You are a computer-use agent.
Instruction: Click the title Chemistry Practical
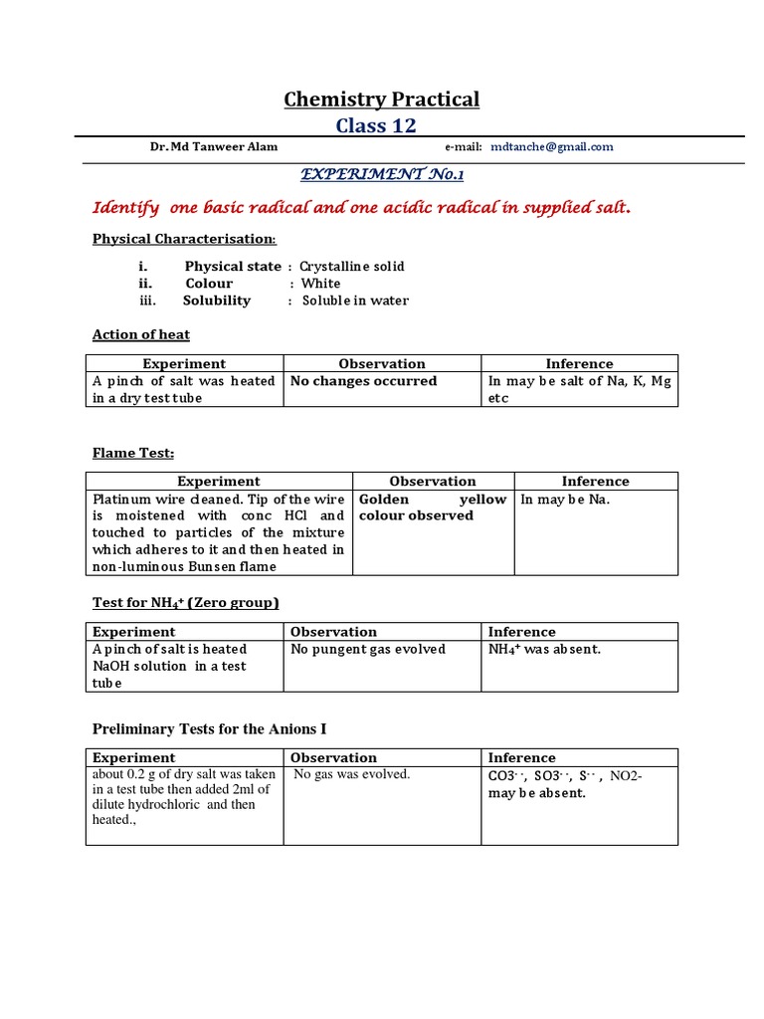(382, 99)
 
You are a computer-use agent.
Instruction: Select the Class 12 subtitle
(376, 124)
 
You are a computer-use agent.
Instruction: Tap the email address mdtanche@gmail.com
(552, 146)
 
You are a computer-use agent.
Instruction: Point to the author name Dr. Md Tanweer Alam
(214, 146)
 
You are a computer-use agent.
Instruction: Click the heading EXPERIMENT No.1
(383, 174)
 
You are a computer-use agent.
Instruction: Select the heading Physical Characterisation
(184, 239)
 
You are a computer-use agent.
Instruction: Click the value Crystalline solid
(352, 267)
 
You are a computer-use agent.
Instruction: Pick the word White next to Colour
(320, 284)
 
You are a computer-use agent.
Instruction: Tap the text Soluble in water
(355, 301)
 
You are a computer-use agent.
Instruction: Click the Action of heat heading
(141, 334)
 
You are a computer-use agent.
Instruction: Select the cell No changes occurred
(363, 381)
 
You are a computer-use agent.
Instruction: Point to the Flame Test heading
(133, 453)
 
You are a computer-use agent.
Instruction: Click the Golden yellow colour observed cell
(432, 508)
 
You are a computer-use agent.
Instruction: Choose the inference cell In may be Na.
(565, 500)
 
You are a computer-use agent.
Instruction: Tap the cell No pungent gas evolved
(368, 649)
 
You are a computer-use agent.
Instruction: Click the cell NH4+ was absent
(544, 649)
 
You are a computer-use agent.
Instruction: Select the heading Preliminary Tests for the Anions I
(211, 728)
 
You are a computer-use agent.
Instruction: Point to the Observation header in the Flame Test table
(433, 481)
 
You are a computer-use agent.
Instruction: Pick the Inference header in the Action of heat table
(579, 364)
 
